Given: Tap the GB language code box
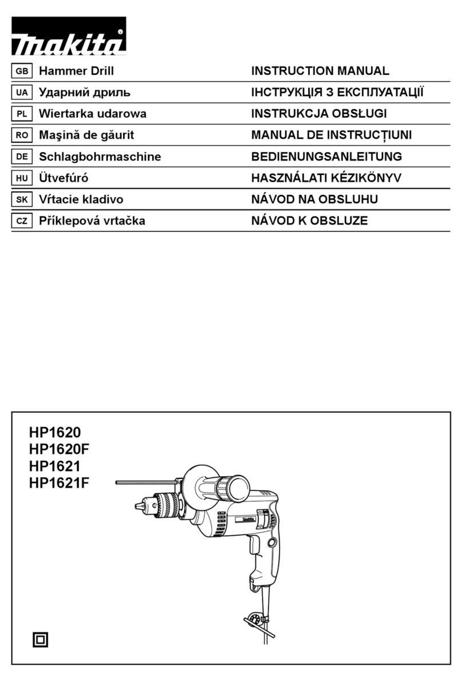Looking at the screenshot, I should (22, 71).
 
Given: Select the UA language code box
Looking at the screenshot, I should (22, 93).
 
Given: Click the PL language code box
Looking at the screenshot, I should (22, 114).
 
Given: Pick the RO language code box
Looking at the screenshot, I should (22, 135).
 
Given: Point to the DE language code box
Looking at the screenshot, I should (22, 157).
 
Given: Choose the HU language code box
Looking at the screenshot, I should (22, 178).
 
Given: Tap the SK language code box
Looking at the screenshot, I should (22, 200).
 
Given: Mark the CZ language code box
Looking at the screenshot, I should (22, 221).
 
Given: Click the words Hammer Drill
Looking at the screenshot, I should (76, 71).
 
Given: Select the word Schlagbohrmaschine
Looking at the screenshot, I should (99, 157).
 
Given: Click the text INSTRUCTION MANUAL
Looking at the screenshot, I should (320, 71).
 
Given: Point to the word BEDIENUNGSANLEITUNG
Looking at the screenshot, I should (326, 157).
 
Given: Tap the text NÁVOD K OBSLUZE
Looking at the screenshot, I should (309, 221).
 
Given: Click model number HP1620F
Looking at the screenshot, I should (59, 449).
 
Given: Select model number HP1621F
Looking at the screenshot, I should (59, 484).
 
